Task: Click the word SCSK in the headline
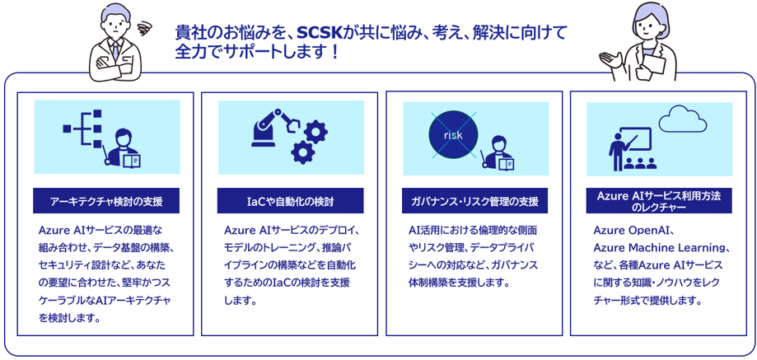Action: (x=319, y=33)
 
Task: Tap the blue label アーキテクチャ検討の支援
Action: (x=106, y=201)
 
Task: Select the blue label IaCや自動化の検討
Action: (x=290, y=201)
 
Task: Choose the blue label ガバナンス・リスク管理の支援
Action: (x=474, y=201)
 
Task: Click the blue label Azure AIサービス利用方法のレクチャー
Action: (x=659, y=201)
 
